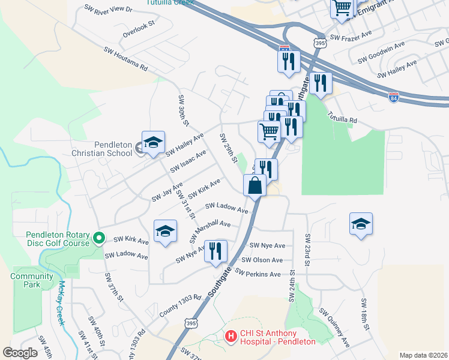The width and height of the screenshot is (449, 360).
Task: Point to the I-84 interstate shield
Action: pyautogui.click(x=393, y=98)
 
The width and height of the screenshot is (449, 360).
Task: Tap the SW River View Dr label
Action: pyautogui.click(x=108, y=9)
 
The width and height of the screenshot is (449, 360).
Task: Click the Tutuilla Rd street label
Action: pyautogui.click(x=342, y=116)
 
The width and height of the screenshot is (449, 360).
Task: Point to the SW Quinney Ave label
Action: pyautogui.click(x=334, y=329)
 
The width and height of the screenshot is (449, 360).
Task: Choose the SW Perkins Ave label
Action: pyautogui.click(x=258, y=274)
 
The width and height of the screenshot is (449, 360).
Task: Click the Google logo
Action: pyautogui.click(x=20, y=353)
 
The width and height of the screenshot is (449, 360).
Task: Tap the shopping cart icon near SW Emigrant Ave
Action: pyautogui.click(x=342, y=8)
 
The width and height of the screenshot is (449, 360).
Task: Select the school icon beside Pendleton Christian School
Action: pyautogui.click(x=153, y=143)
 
